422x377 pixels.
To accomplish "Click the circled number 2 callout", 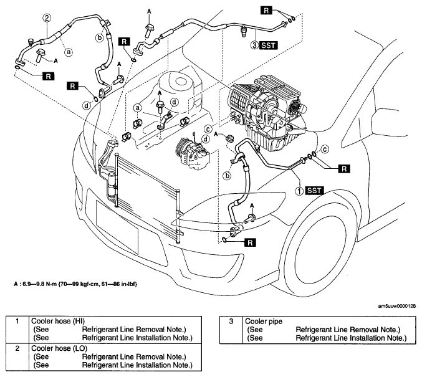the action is click(47, 18).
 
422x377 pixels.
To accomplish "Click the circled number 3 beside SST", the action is click(254, 45).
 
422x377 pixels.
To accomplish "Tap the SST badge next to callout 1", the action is click(314, 191).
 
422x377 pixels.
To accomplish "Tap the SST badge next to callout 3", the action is click(268, 45).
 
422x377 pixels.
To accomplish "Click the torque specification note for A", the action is click(75, 284).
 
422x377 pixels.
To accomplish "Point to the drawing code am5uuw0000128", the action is click(396, 306).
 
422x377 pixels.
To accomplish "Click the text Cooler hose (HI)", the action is click(58, 321).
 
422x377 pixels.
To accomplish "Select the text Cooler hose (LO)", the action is click(59, 348).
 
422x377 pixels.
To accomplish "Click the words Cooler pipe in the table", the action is click(264, 322).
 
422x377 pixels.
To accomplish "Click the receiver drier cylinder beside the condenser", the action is click(112, 186).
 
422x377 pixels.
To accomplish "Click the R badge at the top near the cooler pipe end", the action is click(266, 11).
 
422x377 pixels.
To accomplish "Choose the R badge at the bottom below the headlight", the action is click(251, 243).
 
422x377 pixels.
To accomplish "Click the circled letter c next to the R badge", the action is click(325, 149).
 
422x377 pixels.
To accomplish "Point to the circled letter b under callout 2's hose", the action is click(100, 37).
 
